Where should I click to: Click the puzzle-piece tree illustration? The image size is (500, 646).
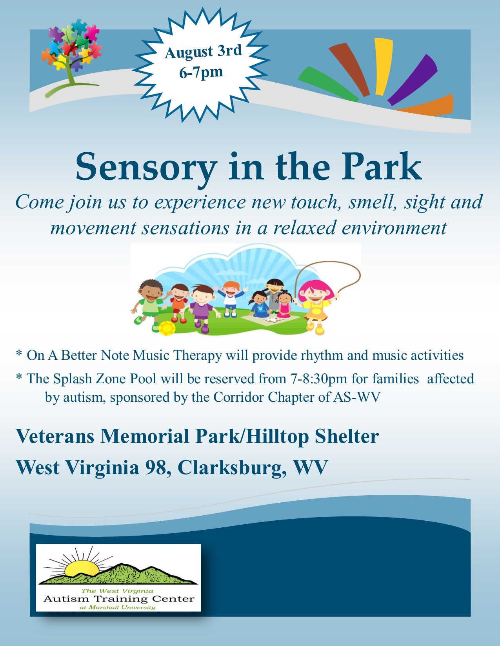pos(71,56)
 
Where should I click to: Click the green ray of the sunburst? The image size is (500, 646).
pos(327,84)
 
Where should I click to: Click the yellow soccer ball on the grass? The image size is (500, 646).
pos(167,328)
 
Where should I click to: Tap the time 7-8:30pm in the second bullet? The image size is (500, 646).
pos(317,379)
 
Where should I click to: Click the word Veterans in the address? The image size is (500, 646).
pos(55,436)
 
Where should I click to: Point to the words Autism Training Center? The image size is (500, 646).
pos(119,599)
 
